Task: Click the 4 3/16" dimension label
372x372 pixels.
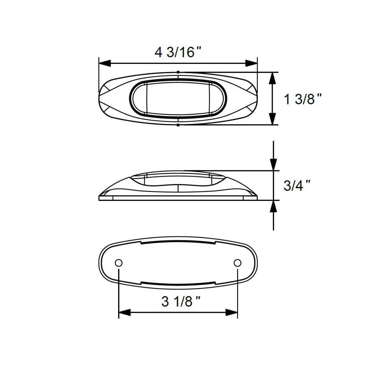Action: [178, 52]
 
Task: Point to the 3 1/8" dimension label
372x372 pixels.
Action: [181, 301]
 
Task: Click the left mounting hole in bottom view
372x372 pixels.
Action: [118, 263]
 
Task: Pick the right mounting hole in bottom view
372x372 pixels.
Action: [237, 263]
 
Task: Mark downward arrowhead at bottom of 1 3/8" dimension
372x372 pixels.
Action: [272, 119]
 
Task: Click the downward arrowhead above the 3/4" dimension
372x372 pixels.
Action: [273, 165]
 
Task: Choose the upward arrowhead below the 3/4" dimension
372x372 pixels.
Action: [273, 206]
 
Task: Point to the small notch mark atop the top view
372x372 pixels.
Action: [178, 72]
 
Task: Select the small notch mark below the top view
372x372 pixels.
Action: [178, 125]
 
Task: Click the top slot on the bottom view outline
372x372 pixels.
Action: [178, 243]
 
